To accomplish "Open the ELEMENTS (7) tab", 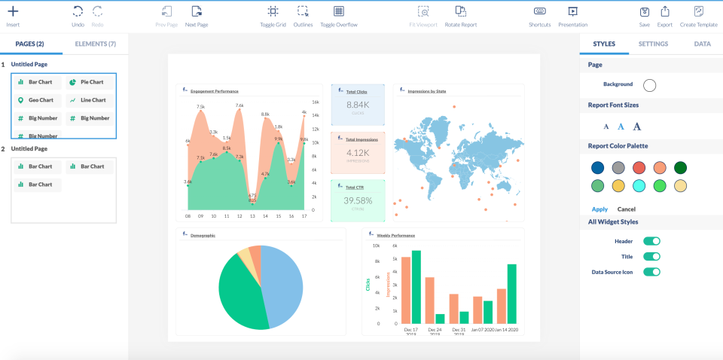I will (x=95, y=44).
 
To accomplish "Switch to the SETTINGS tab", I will (x=653, y=44).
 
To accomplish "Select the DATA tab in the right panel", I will (x=702, y=44).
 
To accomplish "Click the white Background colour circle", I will (x=649, y=84).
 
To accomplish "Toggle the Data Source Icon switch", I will (x=651, y=272).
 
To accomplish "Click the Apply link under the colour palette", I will (x=599, y=209).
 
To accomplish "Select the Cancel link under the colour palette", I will (x=627, y=209).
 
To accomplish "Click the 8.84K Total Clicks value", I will (x=358, y=105).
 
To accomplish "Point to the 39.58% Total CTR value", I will (x=358, y=200).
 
